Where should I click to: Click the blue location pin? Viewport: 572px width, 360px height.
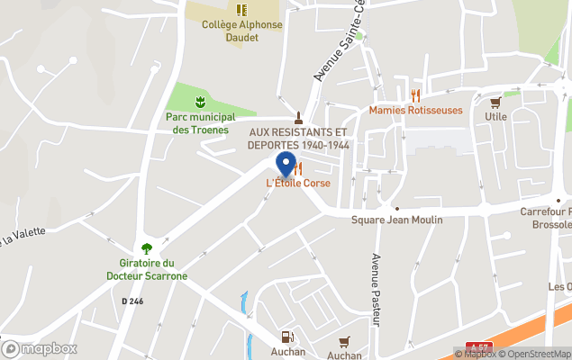[x=286, y=164]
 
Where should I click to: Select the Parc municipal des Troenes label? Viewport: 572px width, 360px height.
[x=200, y=122]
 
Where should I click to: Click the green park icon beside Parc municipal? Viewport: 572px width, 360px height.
[x=201, y=100]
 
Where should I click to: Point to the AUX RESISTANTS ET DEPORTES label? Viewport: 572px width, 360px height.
[x=299, y=138]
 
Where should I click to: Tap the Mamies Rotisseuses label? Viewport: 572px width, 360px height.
[x=415, y=110]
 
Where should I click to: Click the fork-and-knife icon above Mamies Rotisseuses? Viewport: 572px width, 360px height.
[x=415, y=94]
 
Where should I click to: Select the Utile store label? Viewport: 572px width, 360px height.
[x=495, y=116]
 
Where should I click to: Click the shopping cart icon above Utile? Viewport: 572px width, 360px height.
[x=495, y=101]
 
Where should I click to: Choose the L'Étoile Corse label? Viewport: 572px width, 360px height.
[x=297, y=183]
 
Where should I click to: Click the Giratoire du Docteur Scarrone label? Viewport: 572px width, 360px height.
[x=147, y=269]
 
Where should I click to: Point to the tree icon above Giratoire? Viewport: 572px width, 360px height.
[x=147, y=248]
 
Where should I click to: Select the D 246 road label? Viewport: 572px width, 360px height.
[x=132, y=301]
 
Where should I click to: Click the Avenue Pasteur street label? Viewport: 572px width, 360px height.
[x=377, y=289]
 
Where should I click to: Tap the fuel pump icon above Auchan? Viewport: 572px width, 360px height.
[x=286, y=337]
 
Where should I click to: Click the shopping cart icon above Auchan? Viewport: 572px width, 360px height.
[x=343, y=341]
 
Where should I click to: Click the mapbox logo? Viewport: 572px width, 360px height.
[x=39, y=348]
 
